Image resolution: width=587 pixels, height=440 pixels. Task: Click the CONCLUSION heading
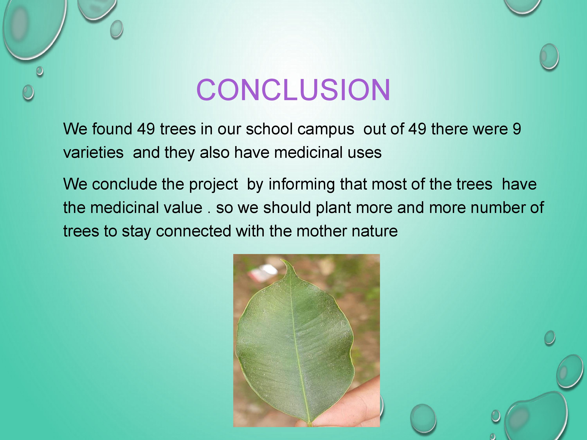pos(293,90)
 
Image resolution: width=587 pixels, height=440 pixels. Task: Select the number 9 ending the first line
pos(517,129)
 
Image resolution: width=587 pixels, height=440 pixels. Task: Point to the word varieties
pos(93,153)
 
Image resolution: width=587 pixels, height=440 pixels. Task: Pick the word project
pos(213,185)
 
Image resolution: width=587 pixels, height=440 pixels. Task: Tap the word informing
pos(302,185)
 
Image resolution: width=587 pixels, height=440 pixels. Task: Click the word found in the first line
pos(112,129)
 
